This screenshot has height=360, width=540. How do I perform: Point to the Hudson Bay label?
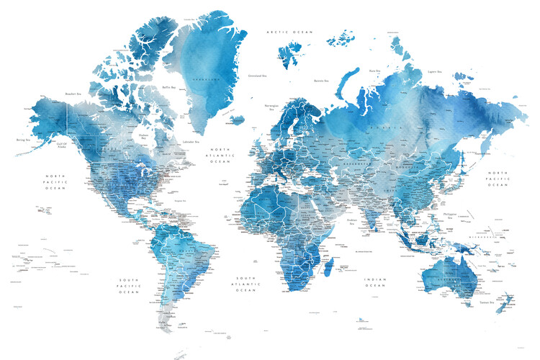(143, 136)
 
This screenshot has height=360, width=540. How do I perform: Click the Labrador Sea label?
(191, 142)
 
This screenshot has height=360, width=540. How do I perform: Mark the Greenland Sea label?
(258, 75)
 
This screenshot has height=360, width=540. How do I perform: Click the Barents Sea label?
(322, 81)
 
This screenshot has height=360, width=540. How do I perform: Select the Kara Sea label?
(374, 71)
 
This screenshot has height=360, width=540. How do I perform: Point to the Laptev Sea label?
(433, 71)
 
